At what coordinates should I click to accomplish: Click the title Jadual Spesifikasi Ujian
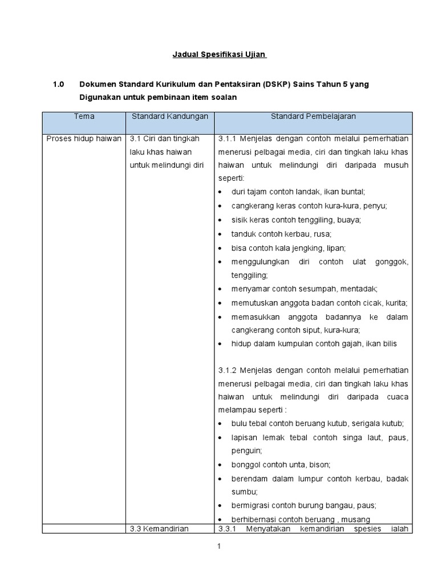(220, 55)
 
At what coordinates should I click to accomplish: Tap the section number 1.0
(59, 84)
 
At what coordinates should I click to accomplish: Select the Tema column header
(84, 116)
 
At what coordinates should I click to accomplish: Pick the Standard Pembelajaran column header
(313, 116)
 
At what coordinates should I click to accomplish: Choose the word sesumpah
(318, 289)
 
